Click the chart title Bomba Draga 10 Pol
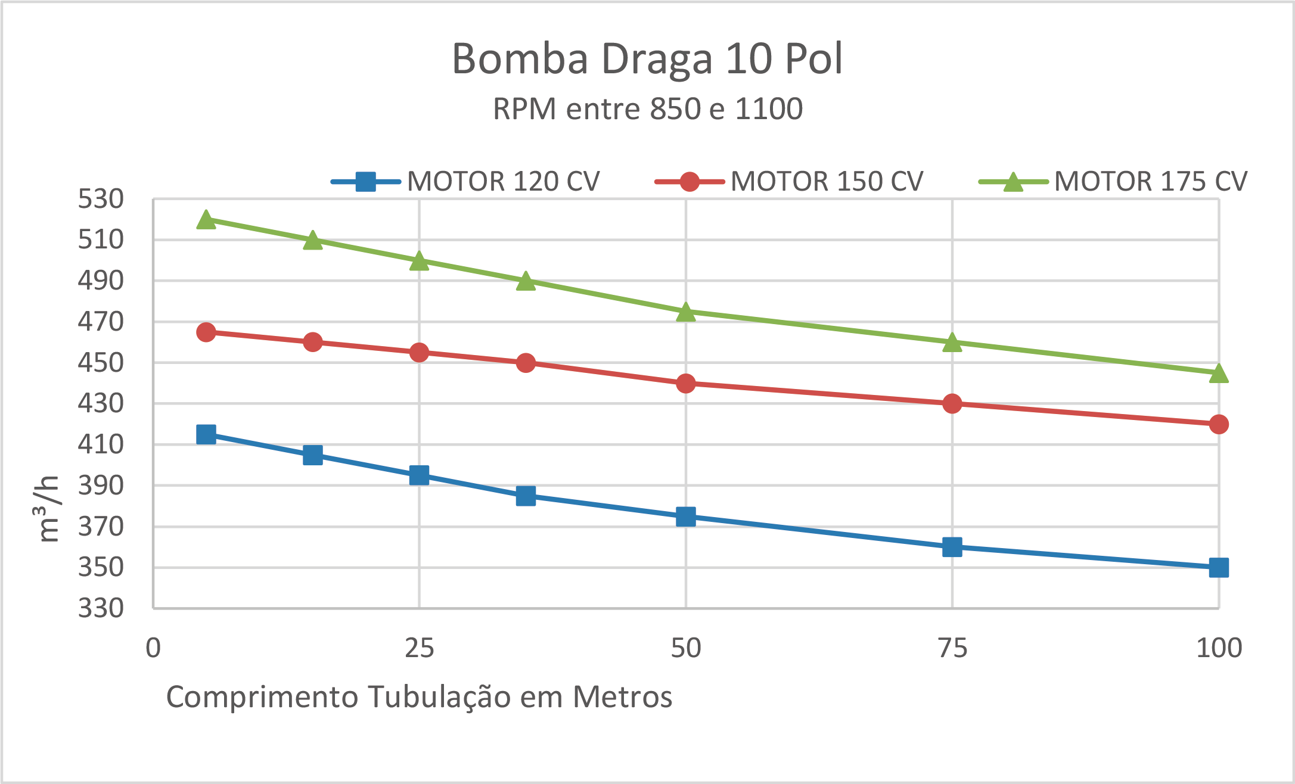[x=647, y=59]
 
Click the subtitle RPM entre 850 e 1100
[x=647, y=109]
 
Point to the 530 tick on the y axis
[x=101, y=199]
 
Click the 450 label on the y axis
[x=101, y=363]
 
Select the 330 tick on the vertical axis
[x=101, y=608]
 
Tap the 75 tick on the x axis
[x=952, y=648]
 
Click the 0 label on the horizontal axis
[x=153, y=648]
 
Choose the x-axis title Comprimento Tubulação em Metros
[x=419, y=697]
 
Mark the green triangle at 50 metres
[x=686, y=312]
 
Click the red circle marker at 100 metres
[x=1219, y=424]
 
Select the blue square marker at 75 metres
[x=952, y=547]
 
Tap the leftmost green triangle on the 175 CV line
[x=206, y=220]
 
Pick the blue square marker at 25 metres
[x=419, y=475]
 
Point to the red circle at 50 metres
[x=686, y=383]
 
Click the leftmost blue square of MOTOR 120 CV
[x=206, y=434]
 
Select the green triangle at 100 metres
[x=1219, y=374]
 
